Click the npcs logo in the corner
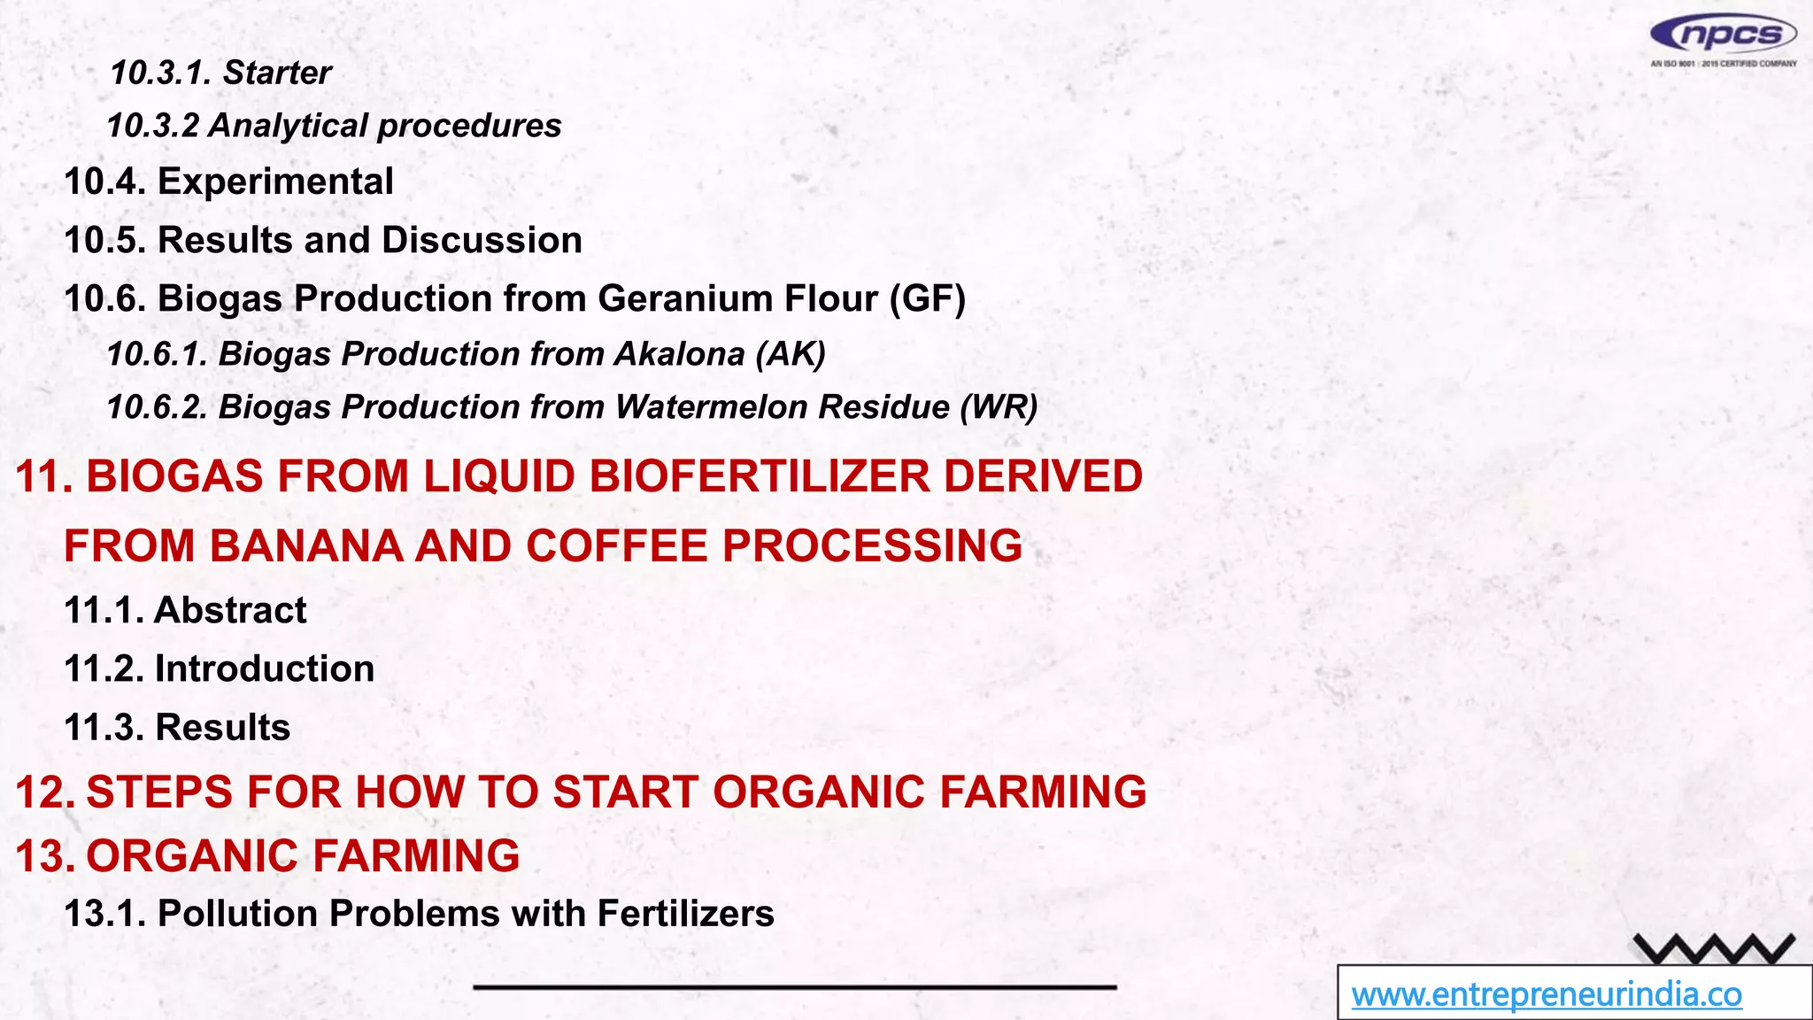[1722, 36]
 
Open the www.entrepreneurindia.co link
[1546, 994]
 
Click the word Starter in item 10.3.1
[277, 73]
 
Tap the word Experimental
[275, 182]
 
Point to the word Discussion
[482, 240]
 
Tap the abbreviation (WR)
[999, 407]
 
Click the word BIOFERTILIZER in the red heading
[760, 476]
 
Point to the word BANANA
[305, 545]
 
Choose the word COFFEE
[617, 545]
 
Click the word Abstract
[230, 610]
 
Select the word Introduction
[265, 668]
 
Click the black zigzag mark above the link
[1714, 949]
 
